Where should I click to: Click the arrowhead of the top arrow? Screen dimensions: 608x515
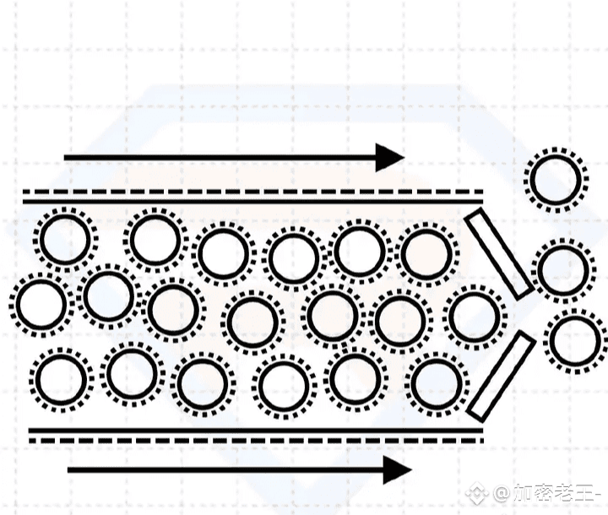390,157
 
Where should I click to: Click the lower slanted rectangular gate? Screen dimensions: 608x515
502,376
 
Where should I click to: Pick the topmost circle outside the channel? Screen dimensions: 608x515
555,180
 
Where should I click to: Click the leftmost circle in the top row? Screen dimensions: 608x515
65,240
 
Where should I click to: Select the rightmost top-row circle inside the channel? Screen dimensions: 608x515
428,253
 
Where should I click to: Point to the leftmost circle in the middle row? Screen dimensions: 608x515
41,304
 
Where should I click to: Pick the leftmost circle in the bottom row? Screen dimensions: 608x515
62,380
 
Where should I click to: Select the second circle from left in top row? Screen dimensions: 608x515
155,240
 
